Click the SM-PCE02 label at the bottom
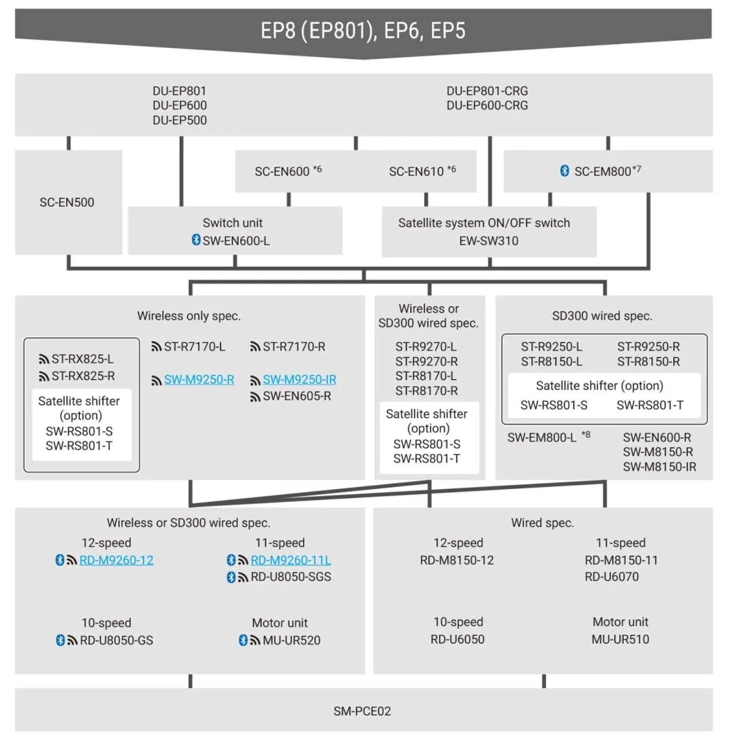(362, 711)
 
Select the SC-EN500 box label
(67, 202)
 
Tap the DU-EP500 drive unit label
(180, 121)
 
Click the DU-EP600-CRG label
(487, 106)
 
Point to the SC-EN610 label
(416, 172)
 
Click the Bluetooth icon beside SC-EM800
(565, 171)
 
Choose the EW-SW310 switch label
(489, 241)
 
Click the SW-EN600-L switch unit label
(236, 241)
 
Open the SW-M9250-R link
(199, 380)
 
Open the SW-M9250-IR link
(300, 380)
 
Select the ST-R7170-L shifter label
(194, 347)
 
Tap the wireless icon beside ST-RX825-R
(44, 376)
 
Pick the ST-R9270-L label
(426, 347)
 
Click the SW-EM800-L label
(542, 438)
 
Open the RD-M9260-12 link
(116, 560)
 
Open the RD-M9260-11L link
(291, 560)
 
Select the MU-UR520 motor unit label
(292, 640)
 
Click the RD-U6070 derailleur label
(611, 577)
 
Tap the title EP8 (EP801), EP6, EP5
(363, 31)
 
